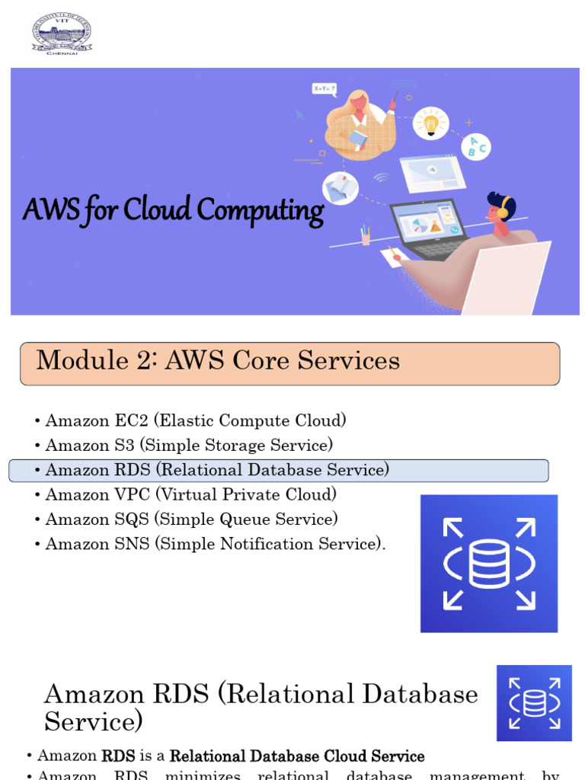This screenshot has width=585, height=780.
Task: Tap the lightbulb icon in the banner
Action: coord(431,123)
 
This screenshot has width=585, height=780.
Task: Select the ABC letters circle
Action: coord(476,145)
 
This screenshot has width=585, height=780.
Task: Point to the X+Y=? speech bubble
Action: coord(324,89)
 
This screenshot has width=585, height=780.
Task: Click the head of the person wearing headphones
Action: coord(500,209)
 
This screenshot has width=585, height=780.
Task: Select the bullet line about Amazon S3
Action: coord(189,445)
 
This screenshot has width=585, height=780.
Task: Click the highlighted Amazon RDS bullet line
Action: coord(217,470)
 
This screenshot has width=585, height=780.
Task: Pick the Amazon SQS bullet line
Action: coord(191,519)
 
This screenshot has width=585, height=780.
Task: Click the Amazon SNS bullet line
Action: coord(215,544)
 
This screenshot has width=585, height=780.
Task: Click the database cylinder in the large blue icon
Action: coord(489,564)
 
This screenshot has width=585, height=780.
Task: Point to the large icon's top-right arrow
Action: coord(525,528)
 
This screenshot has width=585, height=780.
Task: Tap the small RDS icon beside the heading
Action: coord(534,703)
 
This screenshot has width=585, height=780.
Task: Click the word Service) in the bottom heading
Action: coord(93,721)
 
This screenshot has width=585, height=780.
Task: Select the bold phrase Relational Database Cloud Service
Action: coord(297,756)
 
